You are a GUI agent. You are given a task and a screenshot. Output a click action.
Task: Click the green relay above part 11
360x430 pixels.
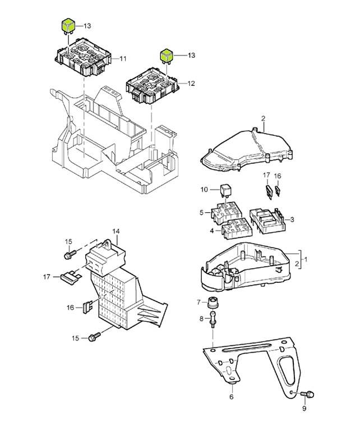[x=68, y=25]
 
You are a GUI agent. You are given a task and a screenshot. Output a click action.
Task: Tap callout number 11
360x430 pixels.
[x=123, y=58]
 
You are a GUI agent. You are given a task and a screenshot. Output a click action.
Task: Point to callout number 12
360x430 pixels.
[x=191, y=84]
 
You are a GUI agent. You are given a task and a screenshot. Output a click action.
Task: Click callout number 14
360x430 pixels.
[x=116, y=231]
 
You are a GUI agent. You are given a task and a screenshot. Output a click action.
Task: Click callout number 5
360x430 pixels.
[x=201, y=213]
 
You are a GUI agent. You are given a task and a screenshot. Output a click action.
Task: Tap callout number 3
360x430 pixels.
[x=292, y=218]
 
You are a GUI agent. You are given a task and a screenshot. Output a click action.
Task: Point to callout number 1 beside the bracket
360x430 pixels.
[x=306, y=259]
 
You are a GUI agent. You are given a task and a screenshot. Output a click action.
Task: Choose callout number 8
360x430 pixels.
[x=201, y=319]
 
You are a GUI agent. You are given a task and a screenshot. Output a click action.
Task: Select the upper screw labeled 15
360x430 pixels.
[x=69, y=255]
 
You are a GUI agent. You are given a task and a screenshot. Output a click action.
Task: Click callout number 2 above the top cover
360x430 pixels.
[x=262, y=118]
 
